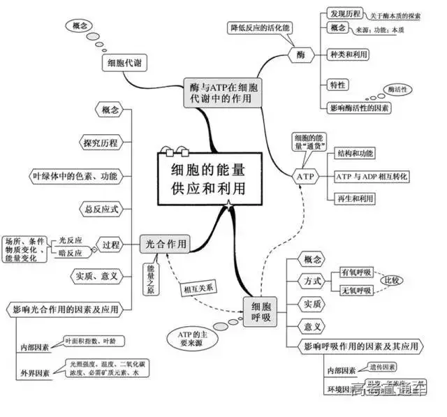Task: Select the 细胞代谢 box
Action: tap(125, 64)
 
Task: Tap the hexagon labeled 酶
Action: tap(300, 54)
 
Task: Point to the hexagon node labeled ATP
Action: tap(306, 177)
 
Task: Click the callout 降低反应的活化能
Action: tap(259, 28)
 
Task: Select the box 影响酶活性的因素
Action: tap(360, 108)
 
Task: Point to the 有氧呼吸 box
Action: tap(356, 272)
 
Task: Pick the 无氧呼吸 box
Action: tap(356, 290)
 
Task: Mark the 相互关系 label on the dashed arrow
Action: tap(201, 286)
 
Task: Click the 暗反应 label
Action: tap(70, 253)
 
